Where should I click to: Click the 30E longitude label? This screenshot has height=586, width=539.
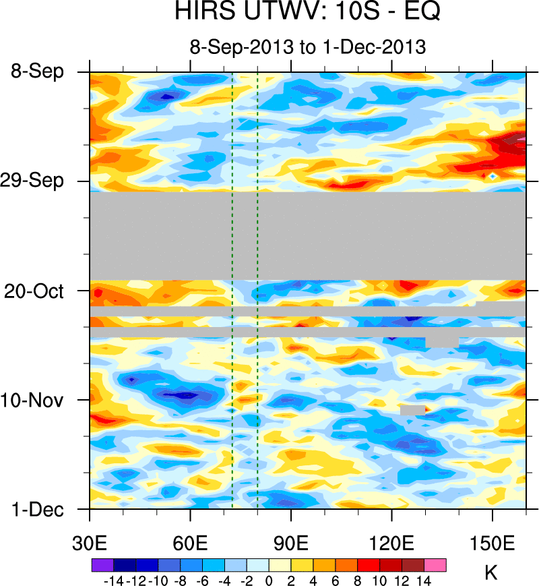90,543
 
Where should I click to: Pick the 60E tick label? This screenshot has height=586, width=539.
191,543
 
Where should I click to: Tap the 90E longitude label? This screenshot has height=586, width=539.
291,543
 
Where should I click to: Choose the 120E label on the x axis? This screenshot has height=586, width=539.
391,543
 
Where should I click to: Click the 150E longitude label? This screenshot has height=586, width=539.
493,543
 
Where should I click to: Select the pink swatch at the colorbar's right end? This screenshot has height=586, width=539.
435,564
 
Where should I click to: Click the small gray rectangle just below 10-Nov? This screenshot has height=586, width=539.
412,409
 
